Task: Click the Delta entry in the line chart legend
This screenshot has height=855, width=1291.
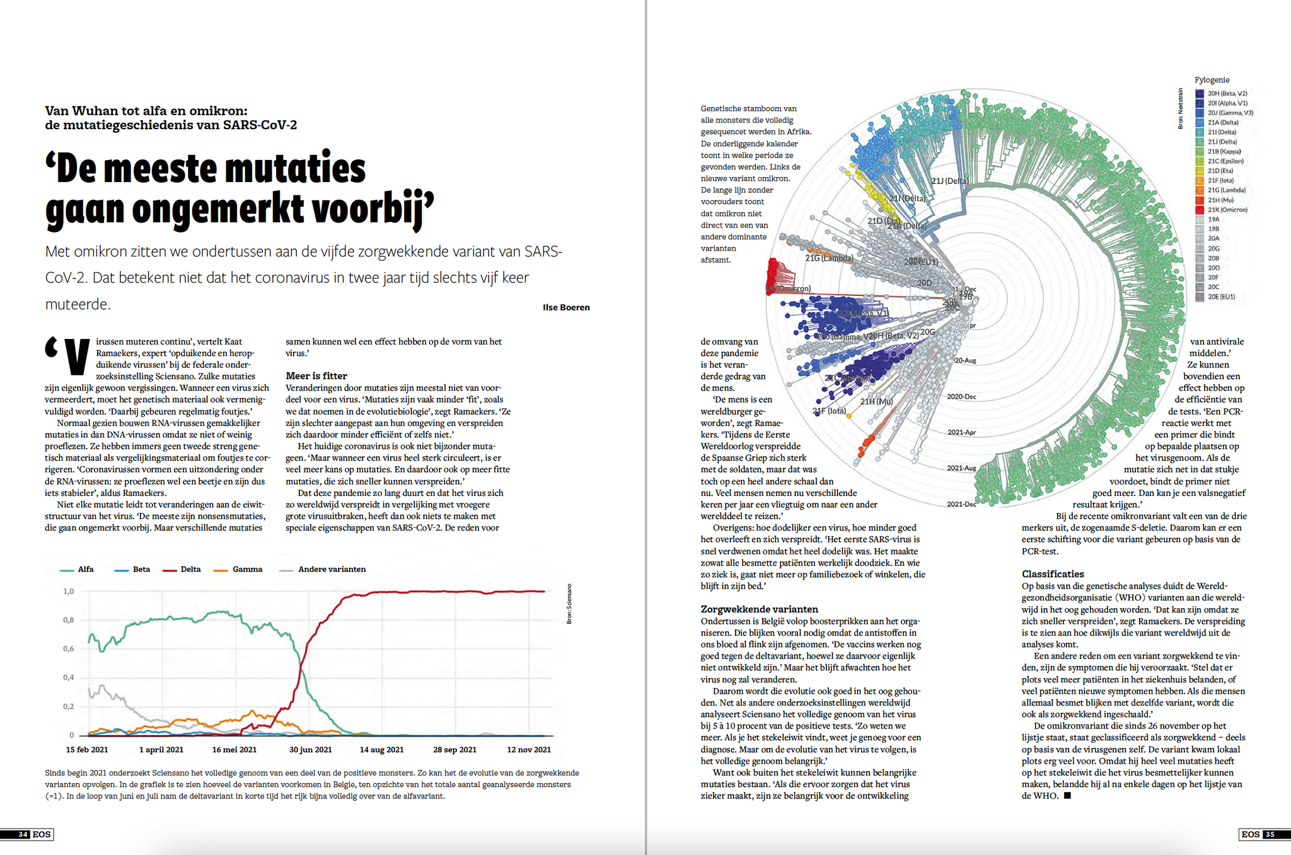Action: click(x=190, y=570)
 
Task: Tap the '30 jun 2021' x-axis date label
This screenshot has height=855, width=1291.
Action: click(x=310, y=750)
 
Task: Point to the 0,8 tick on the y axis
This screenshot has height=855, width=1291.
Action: click(x=69, y=620)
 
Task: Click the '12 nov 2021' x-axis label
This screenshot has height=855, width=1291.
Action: click(x=529, y=750)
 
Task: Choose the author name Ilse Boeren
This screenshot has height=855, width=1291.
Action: click(x=566, y=307)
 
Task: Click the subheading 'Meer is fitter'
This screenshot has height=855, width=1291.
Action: click(x=316, y=376)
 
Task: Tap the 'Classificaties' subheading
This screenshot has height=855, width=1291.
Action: click(x=1053, y=574)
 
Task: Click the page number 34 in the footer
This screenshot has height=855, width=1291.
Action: click(x=23, y=835)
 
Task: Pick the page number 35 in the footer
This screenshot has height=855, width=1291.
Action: click(x=1270, y=835)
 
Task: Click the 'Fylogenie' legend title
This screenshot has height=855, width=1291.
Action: click(x=1212, y=80)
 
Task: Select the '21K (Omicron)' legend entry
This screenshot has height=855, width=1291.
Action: click(x=1227, y=210)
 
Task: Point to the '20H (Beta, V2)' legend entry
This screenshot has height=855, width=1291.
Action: click(x=1227, y=94)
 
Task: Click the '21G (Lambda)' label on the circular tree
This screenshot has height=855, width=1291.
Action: click(x=829, y=258)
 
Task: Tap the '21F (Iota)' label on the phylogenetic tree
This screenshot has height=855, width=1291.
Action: click(x=829, y=411)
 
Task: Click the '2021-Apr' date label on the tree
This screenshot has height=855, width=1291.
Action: click(x=961, y=432)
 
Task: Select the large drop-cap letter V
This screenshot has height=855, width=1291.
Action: click(x=77, y=357)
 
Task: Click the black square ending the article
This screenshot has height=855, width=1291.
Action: click(x=1067, y=796)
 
